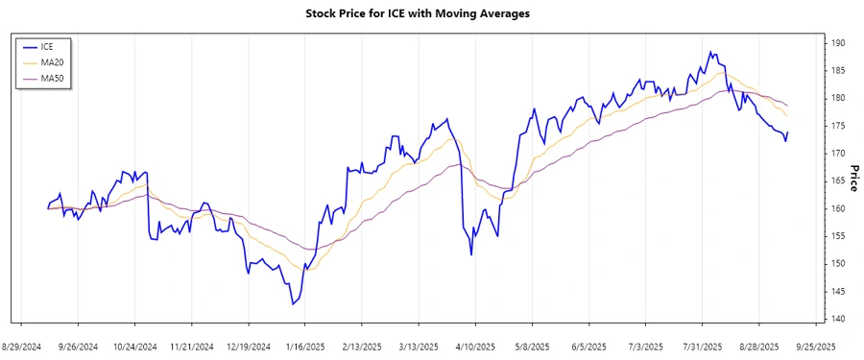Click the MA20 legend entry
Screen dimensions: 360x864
(54, 62)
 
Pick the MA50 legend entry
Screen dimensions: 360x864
(54, 78)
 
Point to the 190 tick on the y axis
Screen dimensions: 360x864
(837, 43)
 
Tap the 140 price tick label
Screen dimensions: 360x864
(837, 319)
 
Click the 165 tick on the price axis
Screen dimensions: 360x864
(837, 180)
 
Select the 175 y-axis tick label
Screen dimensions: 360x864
(837, 126)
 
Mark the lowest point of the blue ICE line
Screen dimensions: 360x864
(292, 304)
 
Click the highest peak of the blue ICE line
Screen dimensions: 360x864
(710, 52)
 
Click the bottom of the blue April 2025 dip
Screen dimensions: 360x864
(471, 254)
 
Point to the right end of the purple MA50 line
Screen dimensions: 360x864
(788, 105)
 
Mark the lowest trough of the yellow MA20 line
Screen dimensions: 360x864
(309, 270)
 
